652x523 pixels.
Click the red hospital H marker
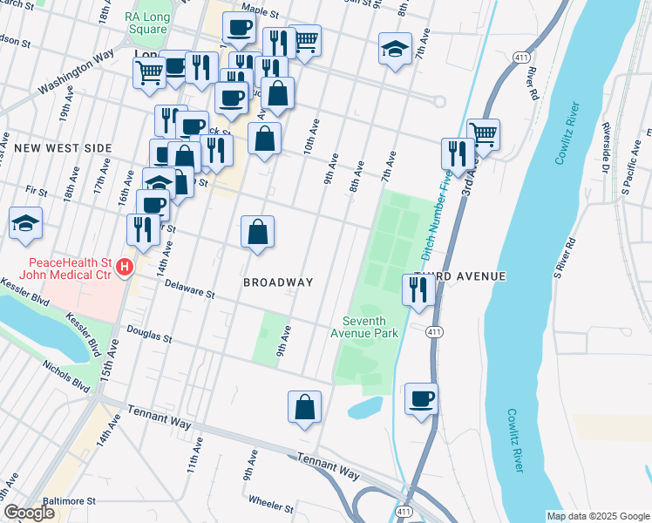tap(125, 267)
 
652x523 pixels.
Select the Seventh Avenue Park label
tap(364, 326)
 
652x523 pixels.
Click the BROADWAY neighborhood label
tap(278, 282)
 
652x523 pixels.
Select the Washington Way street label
tap(77, 72)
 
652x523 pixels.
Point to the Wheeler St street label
tap(271, 503)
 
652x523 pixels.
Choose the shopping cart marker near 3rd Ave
tap(483, 133)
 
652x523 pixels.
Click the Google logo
tap(30, 513)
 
